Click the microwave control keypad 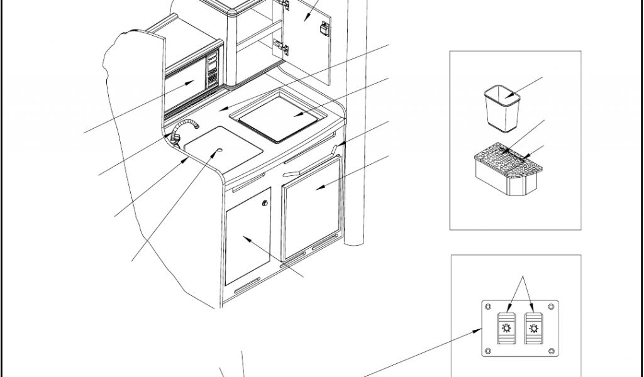point(212,69)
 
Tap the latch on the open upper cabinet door point(324,28)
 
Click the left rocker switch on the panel point(506,327)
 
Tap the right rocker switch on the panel point(534,327)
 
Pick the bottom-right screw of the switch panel point(551,349)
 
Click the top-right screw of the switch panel point(551,306)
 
